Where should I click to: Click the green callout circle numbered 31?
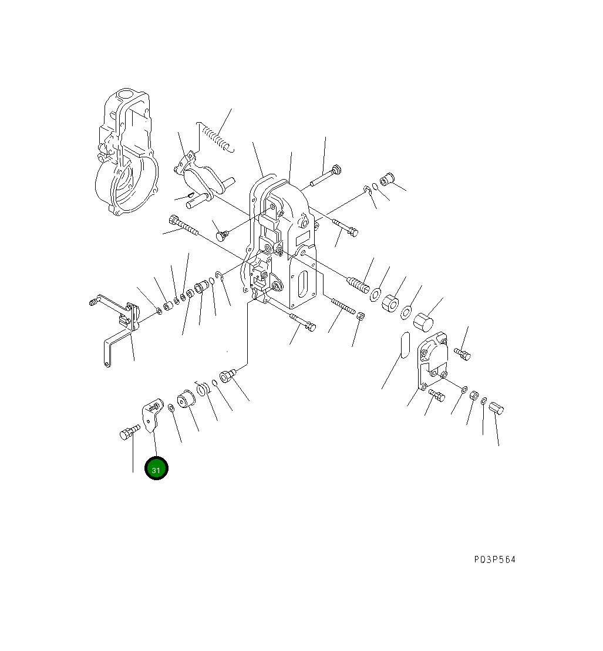pyautogui.click(x=157, y=468)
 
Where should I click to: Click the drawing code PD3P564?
pyautogui.click(x=494, y=559)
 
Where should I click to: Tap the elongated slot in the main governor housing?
pyautogui.click(x=304, y=285)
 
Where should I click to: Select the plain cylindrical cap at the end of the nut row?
pyautogui.click(x=423, y=322)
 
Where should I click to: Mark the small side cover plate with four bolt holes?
pyautogui.click(x=432, y=361)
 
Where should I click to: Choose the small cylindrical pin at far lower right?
pyautogui.click(x=497, y=408)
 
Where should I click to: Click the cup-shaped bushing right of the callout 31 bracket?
pyautogui.click(x=188, y=403)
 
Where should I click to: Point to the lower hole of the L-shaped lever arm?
pyautogui.click(x=106, y=365)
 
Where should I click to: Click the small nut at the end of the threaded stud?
pyautogui.click(x=361, y=316)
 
